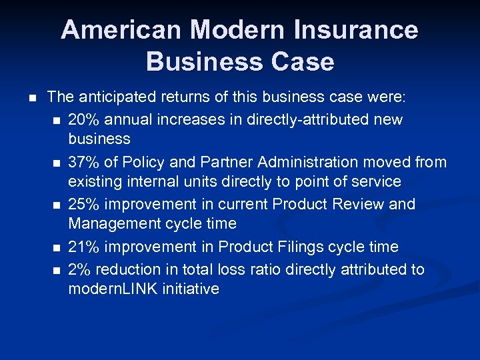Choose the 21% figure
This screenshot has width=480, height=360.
click(83, 247)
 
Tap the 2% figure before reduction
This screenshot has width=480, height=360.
click(78, 269)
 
